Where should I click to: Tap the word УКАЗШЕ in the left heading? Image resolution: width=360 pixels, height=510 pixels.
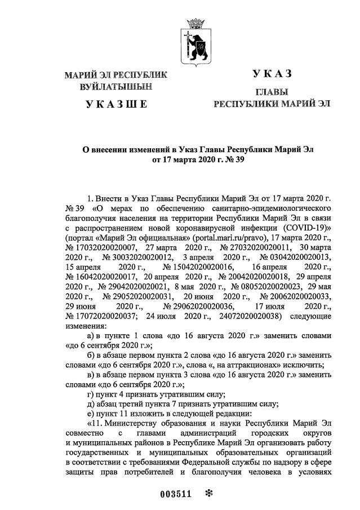pos(116,104)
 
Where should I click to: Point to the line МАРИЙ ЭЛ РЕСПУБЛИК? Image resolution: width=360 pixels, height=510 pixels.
pos(116,75)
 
